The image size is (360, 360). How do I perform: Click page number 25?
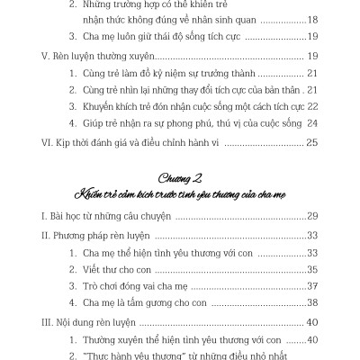coord(311,142)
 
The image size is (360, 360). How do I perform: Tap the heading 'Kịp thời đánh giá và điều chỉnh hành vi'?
coord(144,142)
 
